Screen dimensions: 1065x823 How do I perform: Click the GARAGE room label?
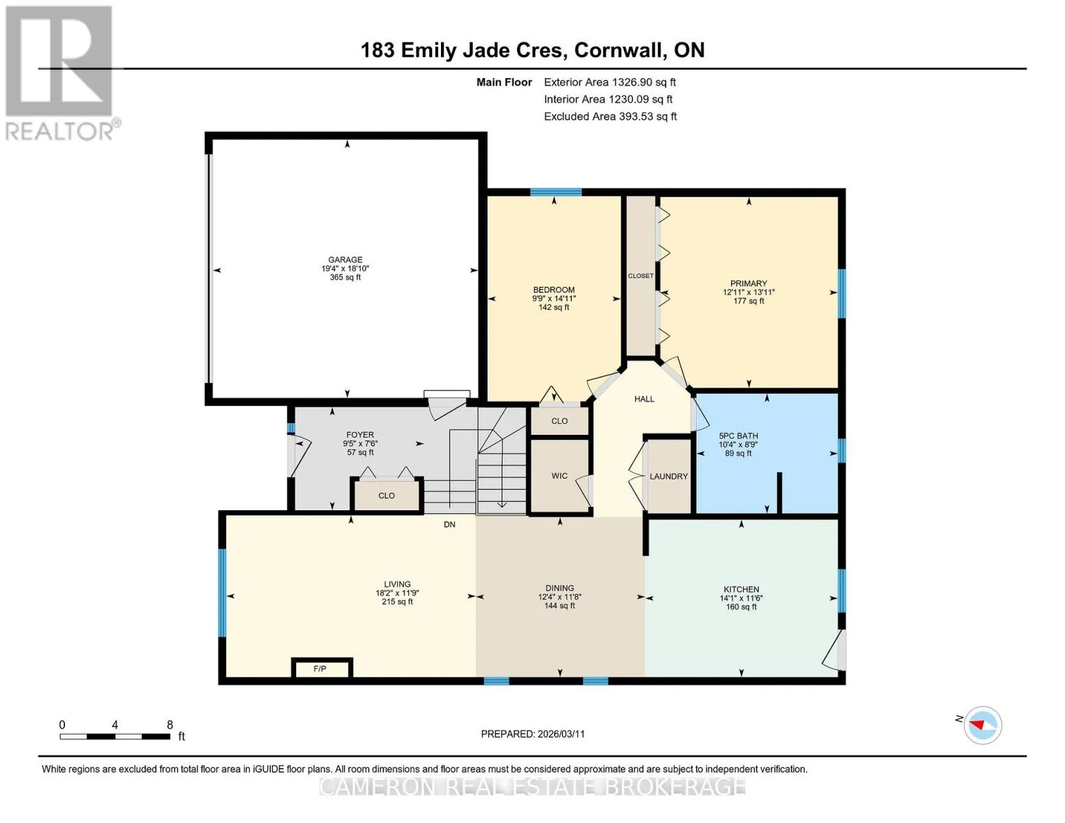345,260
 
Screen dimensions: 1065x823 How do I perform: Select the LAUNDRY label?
669,476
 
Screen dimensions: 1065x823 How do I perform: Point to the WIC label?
559,475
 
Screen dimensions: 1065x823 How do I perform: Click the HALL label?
644,399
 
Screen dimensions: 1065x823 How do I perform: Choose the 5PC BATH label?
738,436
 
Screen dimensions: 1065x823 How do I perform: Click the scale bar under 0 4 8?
115,737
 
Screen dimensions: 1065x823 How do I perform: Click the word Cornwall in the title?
619,50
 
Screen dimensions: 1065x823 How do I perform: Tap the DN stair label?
449,525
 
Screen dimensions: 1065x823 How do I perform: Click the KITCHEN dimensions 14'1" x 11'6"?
741,598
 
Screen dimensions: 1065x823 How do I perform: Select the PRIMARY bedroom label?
748,283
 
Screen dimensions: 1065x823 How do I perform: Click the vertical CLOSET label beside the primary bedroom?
641,276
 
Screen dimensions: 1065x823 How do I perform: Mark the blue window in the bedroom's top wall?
555,192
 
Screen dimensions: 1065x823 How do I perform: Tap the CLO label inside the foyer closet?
386,496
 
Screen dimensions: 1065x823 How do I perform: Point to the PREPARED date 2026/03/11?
561,734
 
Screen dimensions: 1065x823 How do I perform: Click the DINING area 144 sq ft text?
559,606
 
